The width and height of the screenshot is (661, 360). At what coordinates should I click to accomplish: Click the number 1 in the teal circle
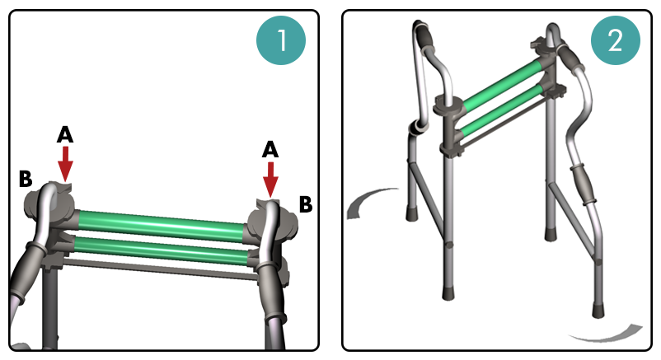click(282, 40)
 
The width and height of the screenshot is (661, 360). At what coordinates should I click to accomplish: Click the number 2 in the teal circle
click(615, 41)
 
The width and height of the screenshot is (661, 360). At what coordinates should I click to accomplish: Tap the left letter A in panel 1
click(65, 135)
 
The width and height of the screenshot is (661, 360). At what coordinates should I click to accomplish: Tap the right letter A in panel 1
click(270, 150)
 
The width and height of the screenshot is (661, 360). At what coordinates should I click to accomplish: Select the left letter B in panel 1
click(26, 179)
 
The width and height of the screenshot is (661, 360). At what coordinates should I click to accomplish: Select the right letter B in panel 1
click(306, 204)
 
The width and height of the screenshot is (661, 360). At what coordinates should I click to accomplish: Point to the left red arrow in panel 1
click(65, 165)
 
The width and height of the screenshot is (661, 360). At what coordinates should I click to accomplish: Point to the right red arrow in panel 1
click(270, 180)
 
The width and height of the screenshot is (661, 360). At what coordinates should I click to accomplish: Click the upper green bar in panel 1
click(162, 222)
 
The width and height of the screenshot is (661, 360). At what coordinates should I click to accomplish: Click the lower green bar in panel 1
click(162, 250)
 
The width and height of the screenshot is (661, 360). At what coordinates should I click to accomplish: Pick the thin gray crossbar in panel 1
click(160, 269)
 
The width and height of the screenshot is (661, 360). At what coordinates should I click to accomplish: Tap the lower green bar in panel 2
click(501, 110)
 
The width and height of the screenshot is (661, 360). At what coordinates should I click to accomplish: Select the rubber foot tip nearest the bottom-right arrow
click(598, 311)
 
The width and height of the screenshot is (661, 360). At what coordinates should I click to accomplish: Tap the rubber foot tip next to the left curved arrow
click(411, 213)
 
